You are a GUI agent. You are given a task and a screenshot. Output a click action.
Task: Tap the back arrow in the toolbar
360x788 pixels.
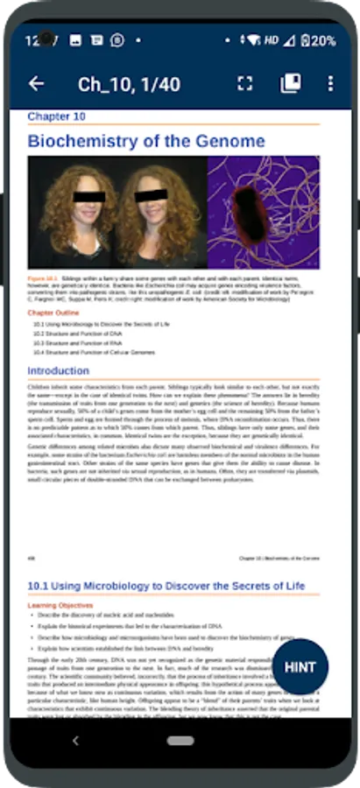coord(36,83)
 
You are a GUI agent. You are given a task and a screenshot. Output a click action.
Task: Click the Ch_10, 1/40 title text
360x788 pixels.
coord(130,84)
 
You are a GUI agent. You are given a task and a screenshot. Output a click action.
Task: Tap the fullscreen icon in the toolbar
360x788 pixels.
coord(245,83)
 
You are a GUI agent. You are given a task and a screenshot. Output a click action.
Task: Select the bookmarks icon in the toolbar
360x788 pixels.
coord(290,83)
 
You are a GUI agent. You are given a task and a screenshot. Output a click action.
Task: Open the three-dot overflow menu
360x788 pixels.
coord(330,83)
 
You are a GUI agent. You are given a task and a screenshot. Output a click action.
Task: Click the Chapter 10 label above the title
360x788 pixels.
coord(56,116)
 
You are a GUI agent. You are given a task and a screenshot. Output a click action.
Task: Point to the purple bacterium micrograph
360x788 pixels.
coord(263,212)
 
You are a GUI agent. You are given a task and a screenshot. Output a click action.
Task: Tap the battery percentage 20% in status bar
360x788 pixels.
coord(321,40)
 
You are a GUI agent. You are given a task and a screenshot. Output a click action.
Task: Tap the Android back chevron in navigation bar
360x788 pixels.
coord(75,741)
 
